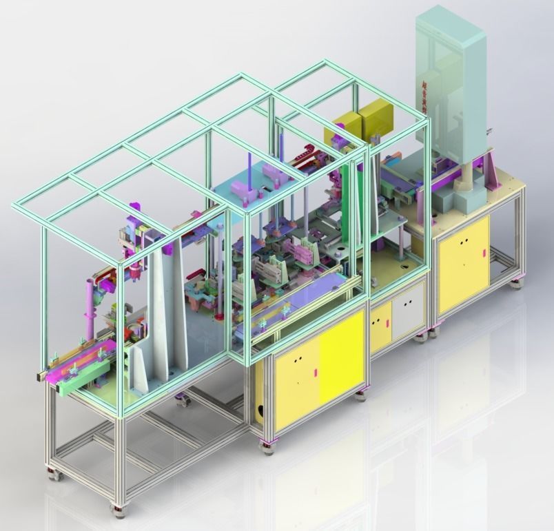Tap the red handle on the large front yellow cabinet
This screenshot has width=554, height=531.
tap(314, 373)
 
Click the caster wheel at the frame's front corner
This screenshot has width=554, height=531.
tap(119, 510)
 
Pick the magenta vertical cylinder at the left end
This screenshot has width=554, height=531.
tap(90, 303)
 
